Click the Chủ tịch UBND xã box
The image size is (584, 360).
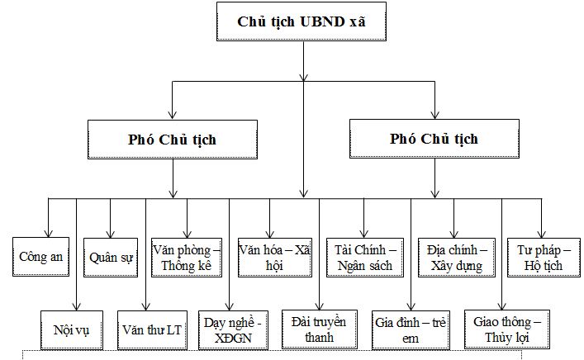coord(302,21)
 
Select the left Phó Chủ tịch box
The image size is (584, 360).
coord(173,138)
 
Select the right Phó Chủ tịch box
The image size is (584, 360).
coord(434,138)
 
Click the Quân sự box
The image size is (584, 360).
coord(112,257)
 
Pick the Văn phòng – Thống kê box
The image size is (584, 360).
coord(187,257)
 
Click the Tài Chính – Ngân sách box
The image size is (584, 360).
coord(364,257)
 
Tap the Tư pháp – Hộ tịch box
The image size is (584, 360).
coord(541,257)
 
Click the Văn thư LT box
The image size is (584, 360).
coord(150,329)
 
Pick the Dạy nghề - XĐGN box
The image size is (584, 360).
coord(232,329)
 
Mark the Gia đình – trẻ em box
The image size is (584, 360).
coord(411,328)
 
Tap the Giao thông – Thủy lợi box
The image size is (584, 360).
coord(503,328)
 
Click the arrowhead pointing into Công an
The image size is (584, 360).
coord(48,232)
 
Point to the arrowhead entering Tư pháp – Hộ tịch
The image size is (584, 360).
coord(543,232)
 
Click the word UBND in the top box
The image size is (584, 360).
coord(315,21)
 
